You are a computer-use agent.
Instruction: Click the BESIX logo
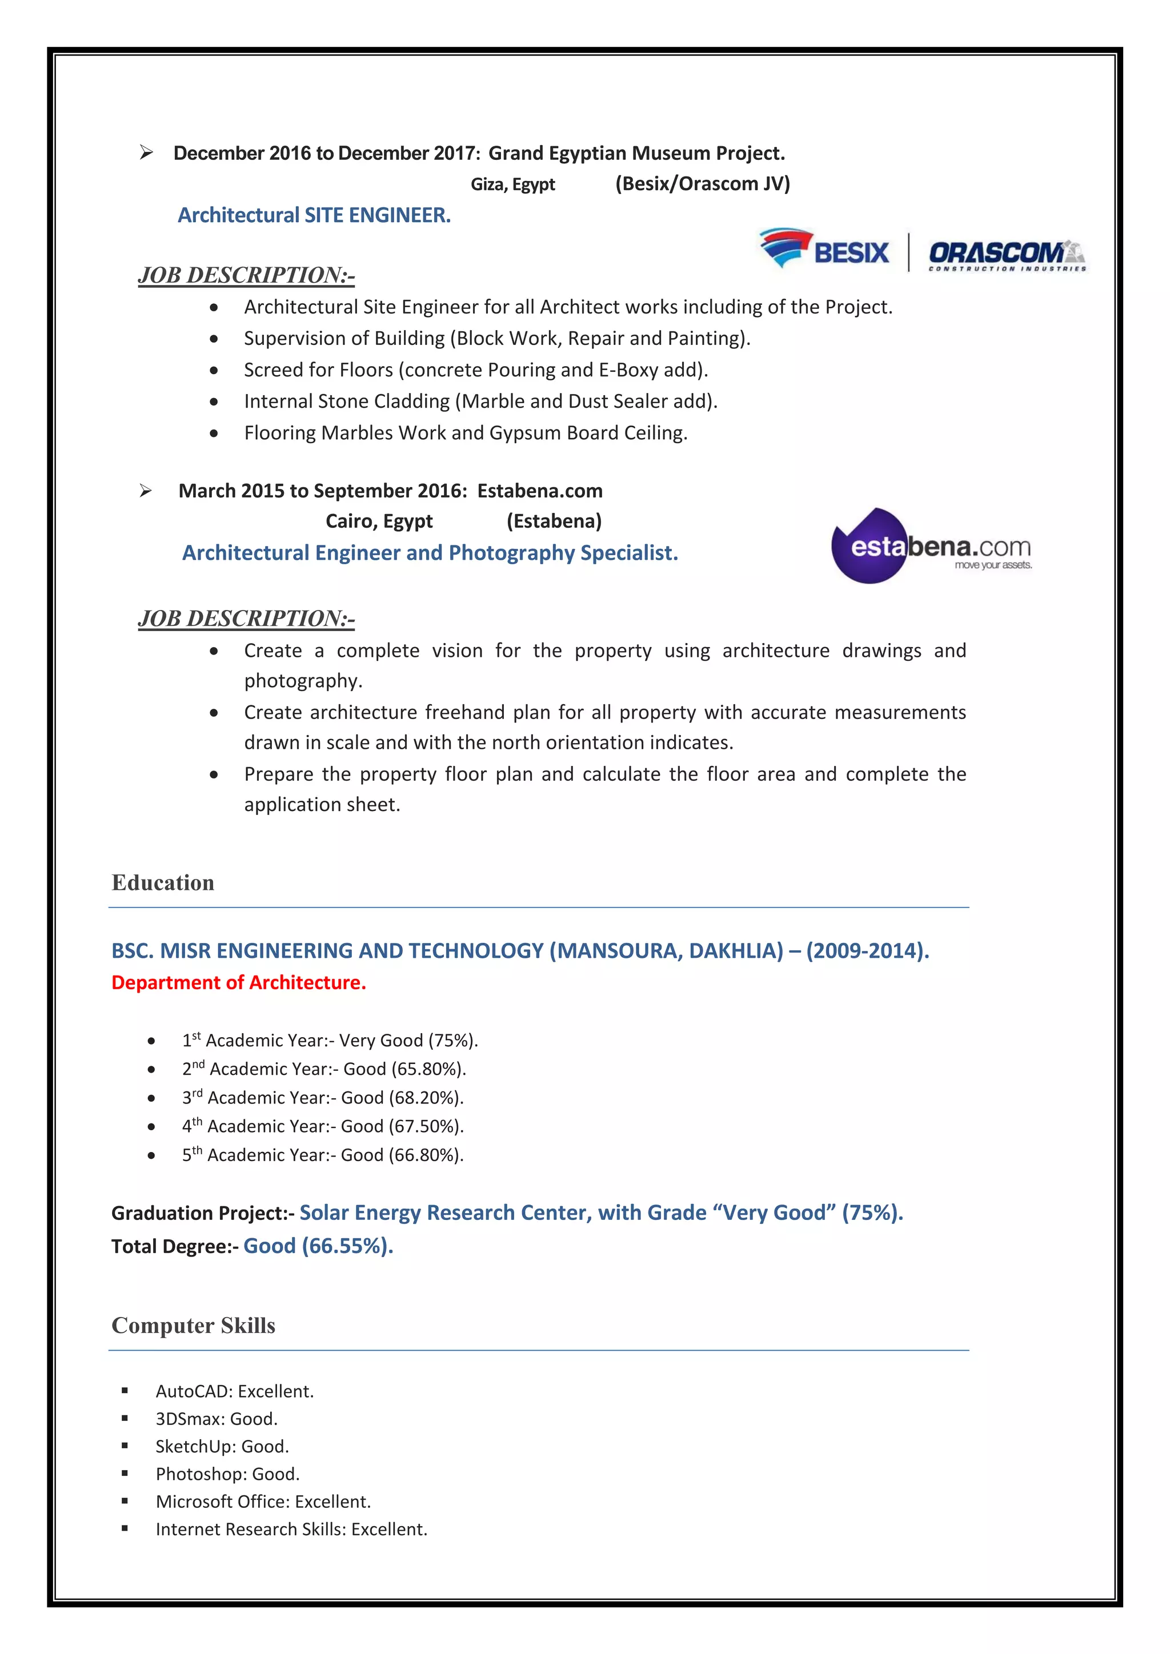point(825,249)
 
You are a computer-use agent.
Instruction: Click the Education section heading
point(163,882)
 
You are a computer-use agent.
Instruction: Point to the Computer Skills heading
point(193,1326)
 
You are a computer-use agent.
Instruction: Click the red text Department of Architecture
point(238,982)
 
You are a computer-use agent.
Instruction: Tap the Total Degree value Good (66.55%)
point(318,1246)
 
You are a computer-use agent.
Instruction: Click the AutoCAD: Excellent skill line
point(235,1391)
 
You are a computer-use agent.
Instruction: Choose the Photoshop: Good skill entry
point(228,1474)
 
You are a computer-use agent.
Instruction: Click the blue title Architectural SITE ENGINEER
point(314,215)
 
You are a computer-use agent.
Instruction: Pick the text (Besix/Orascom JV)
point(703,184)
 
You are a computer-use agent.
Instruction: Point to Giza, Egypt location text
point(513,184)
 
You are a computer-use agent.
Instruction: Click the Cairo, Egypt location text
point(379,521)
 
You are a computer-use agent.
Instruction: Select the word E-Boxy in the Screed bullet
point(627,370)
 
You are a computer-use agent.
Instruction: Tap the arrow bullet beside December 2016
point(146,152)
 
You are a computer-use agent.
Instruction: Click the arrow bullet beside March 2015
point(146,491)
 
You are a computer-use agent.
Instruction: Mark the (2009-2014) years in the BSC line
point(867,951)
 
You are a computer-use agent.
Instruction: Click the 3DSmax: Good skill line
point(216,1419)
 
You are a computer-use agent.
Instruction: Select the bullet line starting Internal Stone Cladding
point(480,402)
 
